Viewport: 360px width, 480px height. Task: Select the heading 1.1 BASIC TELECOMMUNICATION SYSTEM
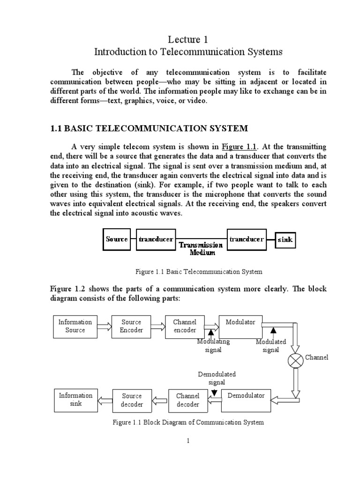pyautogui.click(x=149, y=128)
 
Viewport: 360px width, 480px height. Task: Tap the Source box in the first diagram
pyautogui.click(x=117, y=240)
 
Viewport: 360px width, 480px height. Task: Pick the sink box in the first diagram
pyautogui.click(x=285, y=240)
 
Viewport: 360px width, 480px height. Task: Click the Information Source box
pyautogui.click(x=75, y=326)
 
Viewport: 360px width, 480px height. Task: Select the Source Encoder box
pyautogui.click(x=131, y=326)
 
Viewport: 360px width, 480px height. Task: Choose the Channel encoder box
pyautogui.click(x=185, y=326)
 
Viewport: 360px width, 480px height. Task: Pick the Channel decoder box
pyautogui.click(x=187, y=400)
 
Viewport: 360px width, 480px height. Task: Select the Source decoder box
pyautogui.click(x=132, y=400)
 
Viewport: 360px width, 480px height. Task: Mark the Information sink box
pyautogui.click(x=75, y=399)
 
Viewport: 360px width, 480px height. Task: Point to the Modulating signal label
pyautogui.click(x=213, y=346)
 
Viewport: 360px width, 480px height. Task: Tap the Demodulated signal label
pyautogui.click(x=217, y=378)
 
